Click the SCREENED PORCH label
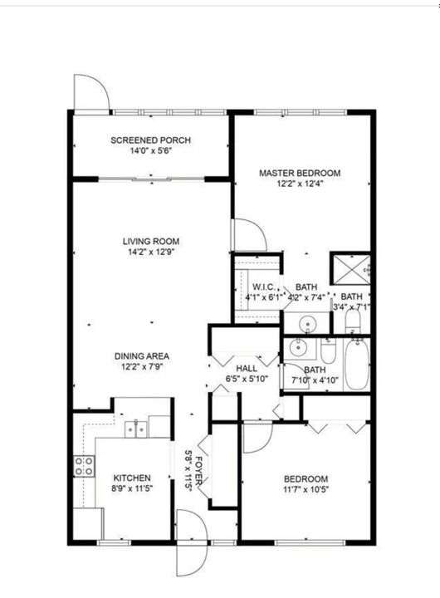point(146,140)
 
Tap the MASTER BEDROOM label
point(300,173)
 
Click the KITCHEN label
point(132,478)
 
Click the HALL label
point(247,369)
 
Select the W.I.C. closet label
point(259,287)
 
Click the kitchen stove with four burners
point(84,466)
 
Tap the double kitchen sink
point(136,429)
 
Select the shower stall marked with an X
point(350,269)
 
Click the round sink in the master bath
point(306,322)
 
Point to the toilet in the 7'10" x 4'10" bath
point(327,352)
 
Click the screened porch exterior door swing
point(90,93)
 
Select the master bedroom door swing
point(249,234)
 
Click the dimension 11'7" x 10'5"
point(306,489)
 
